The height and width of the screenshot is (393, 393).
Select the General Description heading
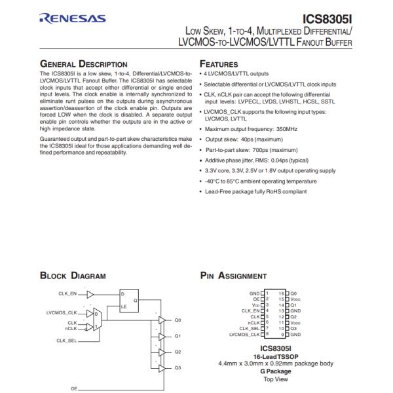(84, 64)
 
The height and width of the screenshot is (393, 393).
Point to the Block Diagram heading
(73, 276)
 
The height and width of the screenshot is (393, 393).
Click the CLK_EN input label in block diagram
(67, 294)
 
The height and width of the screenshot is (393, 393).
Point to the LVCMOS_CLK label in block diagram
(62, 312)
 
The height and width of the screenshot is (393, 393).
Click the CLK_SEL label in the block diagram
(67, 341)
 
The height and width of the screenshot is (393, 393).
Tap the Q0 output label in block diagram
(178, 320)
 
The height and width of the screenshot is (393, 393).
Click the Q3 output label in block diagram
(178, 367)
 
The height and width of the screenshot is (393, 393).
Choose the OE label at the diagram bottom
(73, 388)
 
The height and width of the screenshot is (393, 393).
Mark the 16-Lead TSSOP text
(276, 356)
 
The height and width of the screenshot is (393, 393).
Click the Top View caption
(276, 379)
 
